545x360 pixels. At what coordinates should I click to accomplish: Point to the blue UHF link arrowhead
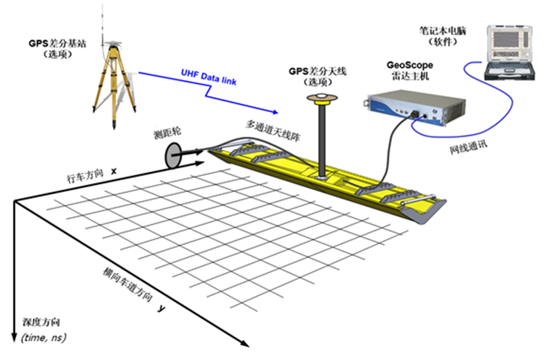click(x=274, y=111)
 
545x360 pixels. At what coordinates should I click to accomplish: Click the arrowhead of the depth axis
click(x=13, y=338)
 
